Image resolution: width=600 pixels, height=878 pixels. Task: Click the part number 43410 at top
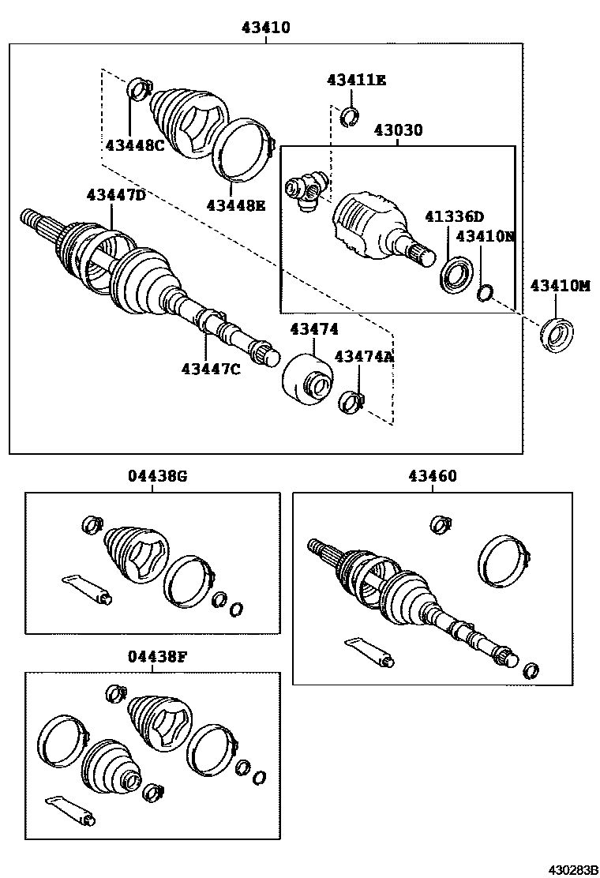click(x=266, y=28)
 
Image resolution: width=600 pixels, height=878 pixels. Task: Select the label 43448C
click(x=134, y=144)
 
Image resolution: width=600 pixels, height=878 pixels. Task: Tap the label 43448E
click(x=235, y=205)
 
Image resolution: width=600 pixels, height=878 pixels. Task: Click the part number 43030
click(x=398, y=129)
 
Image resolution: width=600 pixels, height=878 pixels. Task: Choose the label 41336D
click(x=455, y=216)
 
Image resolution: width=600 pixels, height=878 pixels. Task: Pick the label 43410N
click(x=485, y=235)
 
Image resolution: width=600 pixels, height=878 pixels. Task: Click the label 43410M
click(x=560, y=286)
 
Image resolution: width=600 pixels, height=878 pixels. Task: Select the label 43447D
click(x=116, y=195)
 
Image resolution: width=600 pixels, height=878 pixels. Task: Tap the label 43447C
click(x=210, y=368)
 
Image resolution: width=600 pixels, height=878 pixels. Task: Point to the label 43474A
click(x=364, y=357)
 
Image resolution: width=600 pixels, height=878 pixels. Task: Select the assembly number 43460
click(x=432, y=476)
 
